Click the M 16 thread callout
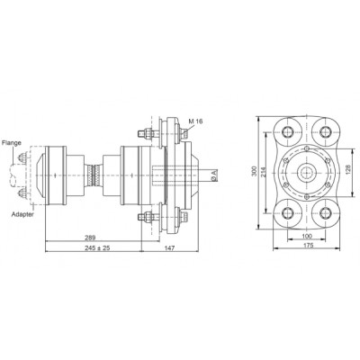pos(195,121)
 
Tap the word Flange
pos(12,142)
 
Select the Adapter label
pos(22,214)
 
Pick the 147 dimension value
pos(169,247)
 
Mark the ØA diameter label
pos(213,176)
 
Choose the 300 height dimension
pos(254,171)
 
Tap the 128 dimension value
pos(356,171)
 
